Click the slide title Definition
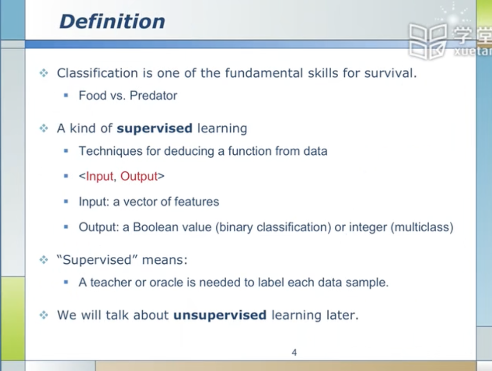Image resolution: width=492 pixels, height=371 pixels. (112, 22)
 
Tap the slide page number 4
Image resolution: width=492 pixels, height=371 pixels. (294, 352)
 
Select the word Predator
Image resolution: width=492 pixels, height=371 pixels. (153, 95)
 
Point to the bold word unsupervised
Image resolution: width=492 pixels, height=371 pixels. (220, 315)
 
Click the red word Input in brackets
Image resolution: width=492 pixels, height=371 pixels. (99, 176)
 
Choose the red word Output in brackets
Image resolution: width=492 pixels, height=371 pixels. (139, 176)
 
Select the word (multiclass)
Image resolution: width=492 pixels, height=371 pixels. (422, 227)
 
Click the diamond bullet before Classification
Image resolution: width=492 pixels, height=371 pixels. (44, 73)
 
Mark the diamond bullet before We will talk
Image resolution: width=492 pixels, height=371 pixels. (44, 315)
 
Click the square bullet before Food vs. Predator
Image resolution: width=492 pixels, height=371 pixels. (66, 95)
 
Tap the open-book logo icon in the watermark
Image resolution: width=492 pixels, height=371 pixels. (428, 41)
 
